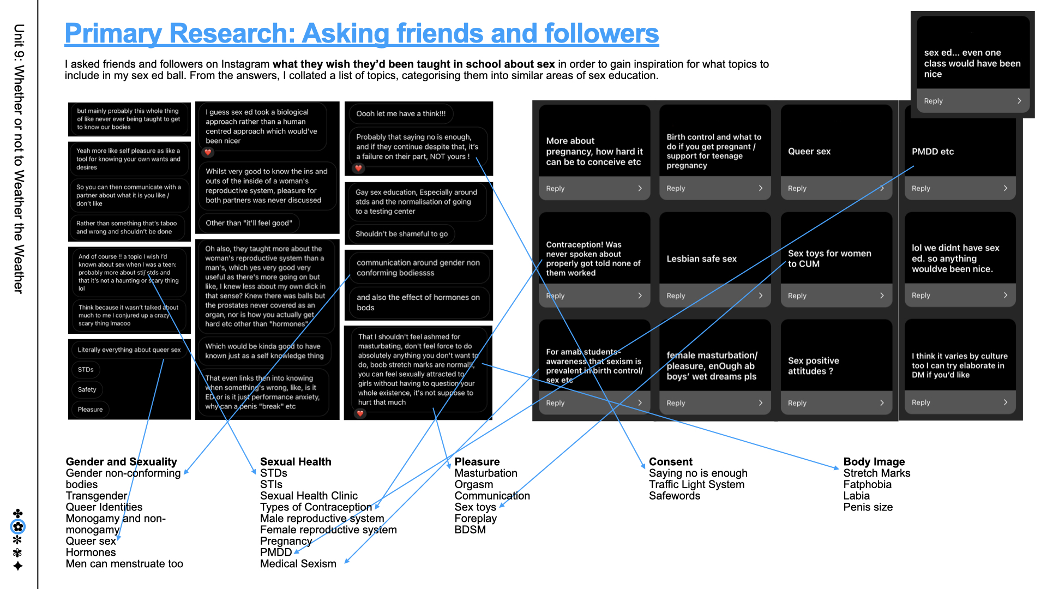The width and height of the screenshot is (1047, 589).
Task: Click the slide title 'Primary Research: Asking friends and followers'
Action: click(362, 34)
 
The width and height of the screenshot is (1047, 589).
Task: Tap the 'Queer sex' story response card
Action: click(809, 152)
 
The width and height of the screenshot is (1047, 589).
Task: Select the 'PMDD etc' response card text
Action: click(932, 152)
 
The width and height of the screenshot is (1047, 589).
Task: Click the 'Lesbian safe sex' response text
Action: click(701, 259)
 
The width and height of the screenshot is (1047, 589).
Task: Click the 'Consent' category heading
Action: click(670, 462)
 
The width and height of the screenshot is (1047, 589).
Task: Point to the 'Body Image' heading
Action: click(874, 462)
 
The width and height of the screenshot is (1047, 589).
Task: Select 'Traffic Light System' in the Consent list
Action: click(696, 484)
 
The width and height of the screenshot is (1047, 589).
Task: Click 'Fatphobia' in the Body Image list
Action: click(867, 484)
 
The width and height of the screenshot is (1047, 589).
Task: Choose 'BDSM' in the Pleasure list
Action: click(470, 530)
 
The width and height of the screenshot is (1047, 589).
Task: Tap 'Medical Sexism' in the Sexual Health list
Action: click(298, 564)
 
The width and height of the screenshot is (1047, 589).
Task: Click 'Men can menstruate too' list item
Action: click(124, 564)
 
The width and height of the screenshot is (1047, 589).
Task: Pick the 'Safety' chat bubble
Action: click(87, 389)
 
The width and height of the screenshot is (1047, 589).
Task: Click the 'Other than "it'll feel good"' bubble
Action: click(249, 223)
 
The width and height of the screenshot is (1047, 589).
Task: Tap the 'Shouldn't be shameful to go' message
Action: click(401, 234)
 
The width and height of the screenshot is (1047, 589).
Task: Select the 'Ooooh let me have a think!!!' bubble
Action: click(401, 114)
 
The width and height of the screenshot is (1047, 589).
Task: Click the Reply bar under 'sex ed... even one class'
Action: click(972, 101)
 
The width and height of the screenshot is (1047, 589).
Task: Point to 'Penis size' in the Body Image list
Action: click(868, 507)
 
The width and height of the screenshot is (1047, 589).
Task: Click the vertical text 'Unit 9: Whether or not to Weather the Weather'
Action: click(19, 158)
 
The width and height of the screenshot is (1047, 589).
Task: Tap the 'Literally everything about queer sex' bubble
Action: click(129, 350)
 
